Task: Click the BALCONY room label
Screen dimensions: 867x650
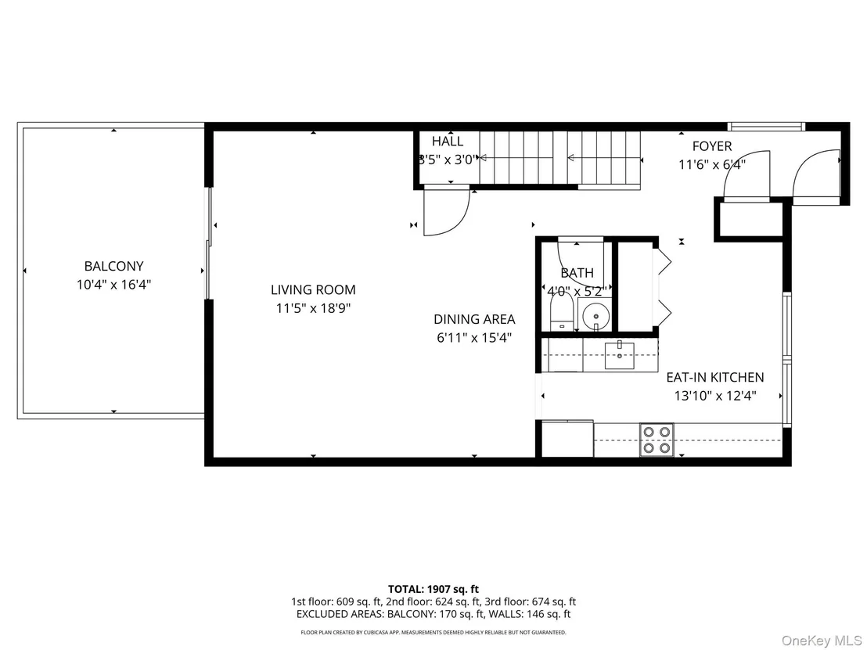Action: pyautogui.click(x=114, y=266)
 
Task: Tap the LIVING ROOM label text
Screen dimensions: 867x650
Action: pyautogui.click(x=313, y=289)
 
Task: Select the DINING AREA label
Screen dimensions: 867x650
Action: pyautogui.click(x=474, y=319)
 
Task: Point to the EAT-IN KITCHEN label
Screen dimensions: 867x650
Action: pyautogui.click(x=715, y=377)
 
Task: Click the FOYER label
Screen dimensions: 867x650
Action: pyautogui.click(x=712, y=146)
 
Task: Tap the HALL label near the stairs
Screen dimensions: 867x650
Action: pyautogui.click(x=448, y=141)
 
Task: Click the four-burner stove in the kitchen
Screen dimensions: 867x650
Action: pyautogui.click(x=657, y=440)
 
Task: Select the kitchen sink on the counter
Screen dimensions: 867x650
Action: pyautogui.click(x=619, y=355)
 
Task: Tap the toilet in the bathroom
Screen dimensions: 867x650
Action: pyautogui.click(x=563, y=311)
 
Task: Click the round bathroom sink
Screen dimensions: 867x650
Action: pyautogui.click(x=595, y=316)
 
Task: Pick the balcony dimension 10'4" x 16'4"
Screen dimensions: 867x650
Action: pyautogui.click(x=114, y=285)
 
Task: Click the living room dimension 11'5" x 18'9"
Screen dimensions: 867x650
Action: pyautogui.click(x=314, y=308)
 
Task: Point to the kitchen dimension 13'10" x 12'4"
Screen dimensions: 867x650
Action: pyautogui.click(x=715, y=396)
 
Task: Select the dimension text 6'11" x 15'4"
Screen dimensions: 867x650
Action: pyautogui.click(x=474, y=337)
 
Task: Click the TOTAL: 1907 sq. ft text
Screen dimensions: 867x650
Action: pyautogui.click(x=433, y=589)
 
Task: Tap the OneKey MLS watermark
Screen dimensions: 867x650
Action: pyautogui.click(x=821, y=641)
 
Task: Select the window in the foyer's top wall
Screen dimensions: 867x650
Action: pyautogui.click(x=766, y=127)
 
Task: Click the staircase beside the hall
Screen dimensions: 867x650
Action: pyautogui.click(x=559, y=159)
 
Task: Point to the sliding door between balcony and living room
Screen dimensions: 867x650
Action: pyautogui.click(x=209, y=243)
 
